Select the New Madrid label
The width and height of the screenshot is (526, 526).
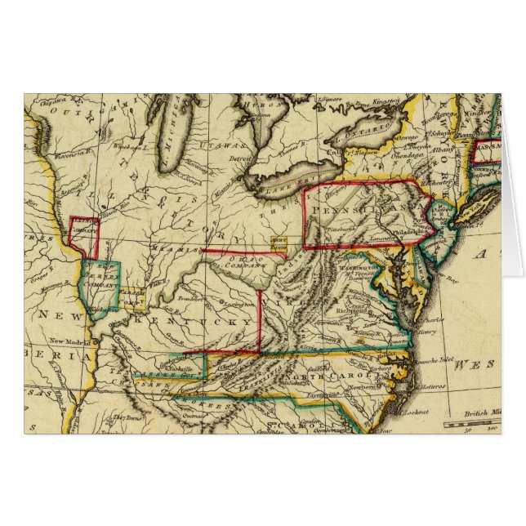point(67,341)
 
